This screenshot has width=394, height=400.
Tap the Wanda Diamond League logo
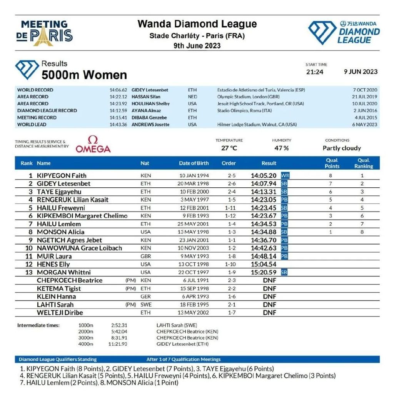[x=344, y=33]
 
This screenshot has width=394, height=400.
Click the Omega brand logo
[x=93, y=144]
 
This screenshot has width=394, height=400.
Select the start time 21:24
[x=315, y=72]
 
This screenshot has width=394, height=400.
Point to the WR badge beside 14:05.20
[x=285, y=175]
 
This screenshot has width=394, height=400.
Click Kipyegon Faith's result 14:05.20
[x=264, y=175]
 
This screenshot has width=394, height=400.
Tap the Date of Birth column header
[x=194, y=163]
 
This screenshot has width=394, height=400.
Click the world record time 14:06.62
[x=118, y=90]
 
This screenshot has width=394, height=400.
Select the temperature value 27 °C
[x=229, y=148]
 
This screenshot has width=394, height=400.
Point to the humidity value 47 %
[x=281, y=148]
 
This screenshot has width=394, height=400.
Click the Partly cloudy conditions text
[x=342, y=148]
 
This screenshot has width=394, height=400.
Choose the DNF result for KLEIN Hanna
[x=269, y=297]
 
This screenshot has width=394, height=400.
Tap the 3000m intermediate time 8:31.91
[x=119, y=338]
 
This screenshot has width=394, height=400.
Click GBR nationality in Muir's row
[x=146, y=256]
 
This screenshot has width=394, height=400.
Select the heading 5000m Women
[x=84, y=74]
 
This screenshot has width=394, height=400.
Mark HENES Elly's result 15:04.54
[x=264, y=264]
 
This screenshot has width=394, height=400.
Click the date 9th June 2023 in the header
[x=197, y=45]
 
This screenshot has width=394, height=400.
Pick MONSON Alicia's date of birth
[x=194, y=232]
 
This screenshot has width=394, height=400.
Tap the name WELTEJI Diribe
[x=60, y=313]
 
